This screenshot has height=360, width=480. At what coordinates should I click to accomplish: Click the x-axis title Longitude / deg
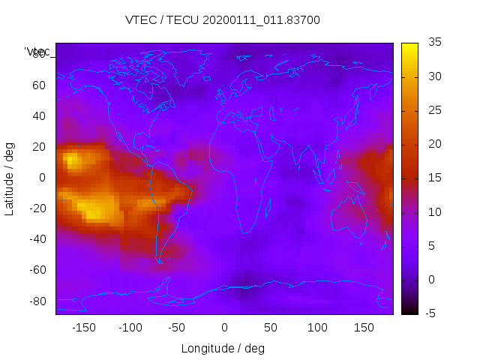coord(223,348)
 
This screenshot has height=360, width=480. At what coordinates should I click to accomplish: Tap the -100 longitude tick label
coord(130,328)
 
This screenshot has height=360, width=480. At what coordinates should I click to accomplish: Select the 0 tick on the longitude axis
coord(223,328)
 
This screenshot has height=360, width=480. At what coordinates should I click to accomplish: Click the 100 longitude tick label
coord(317,328)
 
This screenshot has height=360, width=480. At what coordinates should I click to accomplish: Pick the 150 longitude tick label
coord(364,328)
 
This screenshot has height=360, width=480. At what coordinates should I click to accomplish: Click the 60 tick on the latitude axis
coord(39,85)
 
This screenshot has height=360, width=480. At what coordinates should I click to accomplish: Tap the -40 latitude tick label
coord(36,239)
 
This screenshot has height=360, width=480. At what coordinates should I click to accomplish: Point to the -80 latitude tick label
coord(36,301)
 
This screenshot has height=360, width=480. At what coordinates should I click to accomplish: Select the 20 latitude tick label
coord(39,146)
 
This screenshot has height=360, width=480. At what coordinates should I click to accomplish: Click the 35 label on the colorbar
coord(434,43)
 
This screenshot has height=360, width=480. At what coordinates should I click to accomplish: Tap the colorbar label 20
coord(434,144)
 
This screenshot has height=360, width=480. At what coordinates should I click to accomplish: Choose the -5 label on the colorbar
coord(433,313)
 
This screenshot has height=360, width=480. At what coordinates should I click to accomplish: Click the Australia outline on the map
coord(348,217)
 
